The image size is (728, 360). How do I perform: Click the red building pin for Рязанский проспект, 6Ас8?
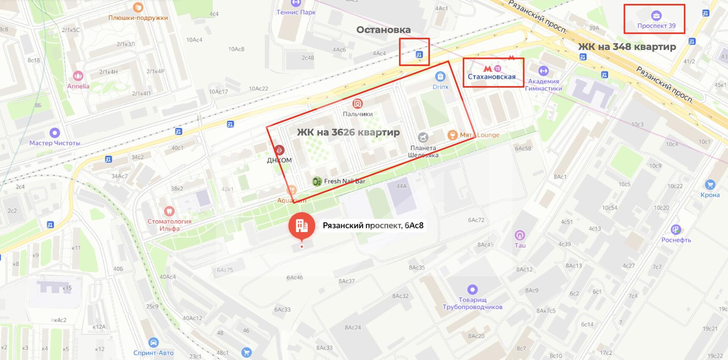[302, 225]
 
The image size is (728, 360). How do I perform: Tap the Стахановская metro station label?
[491, 77]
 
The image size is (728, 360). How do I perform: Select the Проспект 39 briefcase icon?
[656, 16]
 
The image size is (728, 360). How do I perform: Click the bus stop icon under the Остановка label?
[419, 54]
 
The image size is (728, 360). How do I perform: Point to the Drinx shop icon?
[440, 77]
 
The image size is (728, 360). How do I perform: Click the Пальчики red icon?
[357, 104]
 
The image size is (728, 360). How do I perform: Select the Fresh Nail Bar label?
[344, 181]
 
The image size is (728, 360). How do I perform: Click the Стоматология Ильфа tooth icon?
[169, 210]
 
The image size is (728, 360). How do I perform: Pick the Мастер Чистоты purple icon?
[55, 133]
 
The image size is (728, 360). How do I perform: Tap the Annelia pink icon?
[78, 76]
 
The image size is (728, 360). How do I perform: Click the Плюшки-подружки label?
[138, 18]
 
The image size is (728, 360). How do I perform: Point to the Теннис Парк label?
[296, 12]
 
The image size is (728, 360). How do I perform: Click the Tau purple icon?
[520, 235]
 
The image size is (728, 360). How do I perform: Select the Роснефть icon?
[675, 230]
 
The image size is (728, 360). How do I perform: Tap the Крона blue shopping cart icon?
[710, 185]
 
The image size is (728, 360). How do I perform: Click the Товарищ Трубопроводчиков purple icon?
[472, 290]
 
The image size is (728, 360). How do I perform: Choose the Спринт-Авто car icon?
[153, 343]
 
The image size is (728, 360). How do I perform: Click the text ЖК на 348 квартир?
[627, 47]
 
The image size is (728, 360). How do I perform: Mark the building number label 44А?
[401, 186]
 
